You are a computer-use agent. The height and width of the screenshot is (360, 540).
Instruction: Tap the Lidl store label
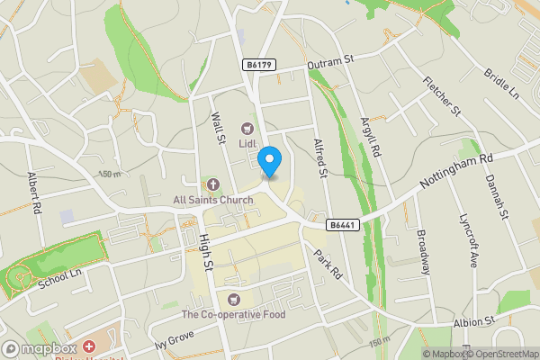pyautogui.click(x=247, y=143)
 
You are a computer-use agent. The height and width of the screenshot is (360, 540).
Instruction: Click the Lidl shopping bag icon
pyautogui.click(x=247, y=128)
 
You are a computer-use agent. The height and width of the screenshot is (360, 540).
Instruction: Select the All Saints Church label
pyautogui.click(x=213, y=199)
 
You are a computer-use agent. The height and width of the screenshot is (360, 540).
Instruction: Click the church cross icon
pyautogui.click(x=213, y=184)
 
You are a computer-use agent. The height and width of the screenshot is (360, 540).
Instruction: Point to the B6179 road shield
pyautogui.click(x=259, y=65)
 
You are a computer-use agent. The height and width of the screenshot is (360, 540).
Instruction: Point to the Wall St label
pyautogui.click(x=217, y=127)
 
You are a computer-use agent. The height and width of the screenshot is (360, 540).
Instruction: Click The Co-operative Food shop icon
pyautogui.click(x=234, y=299)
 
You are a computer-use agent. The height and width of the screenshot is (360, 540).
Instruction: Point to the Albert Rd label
pyautogui.click(x=35, y=193)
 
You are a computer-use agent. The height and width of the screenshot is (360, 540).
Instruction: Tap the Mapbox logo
pyautogui.click(x=40, y=348)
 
